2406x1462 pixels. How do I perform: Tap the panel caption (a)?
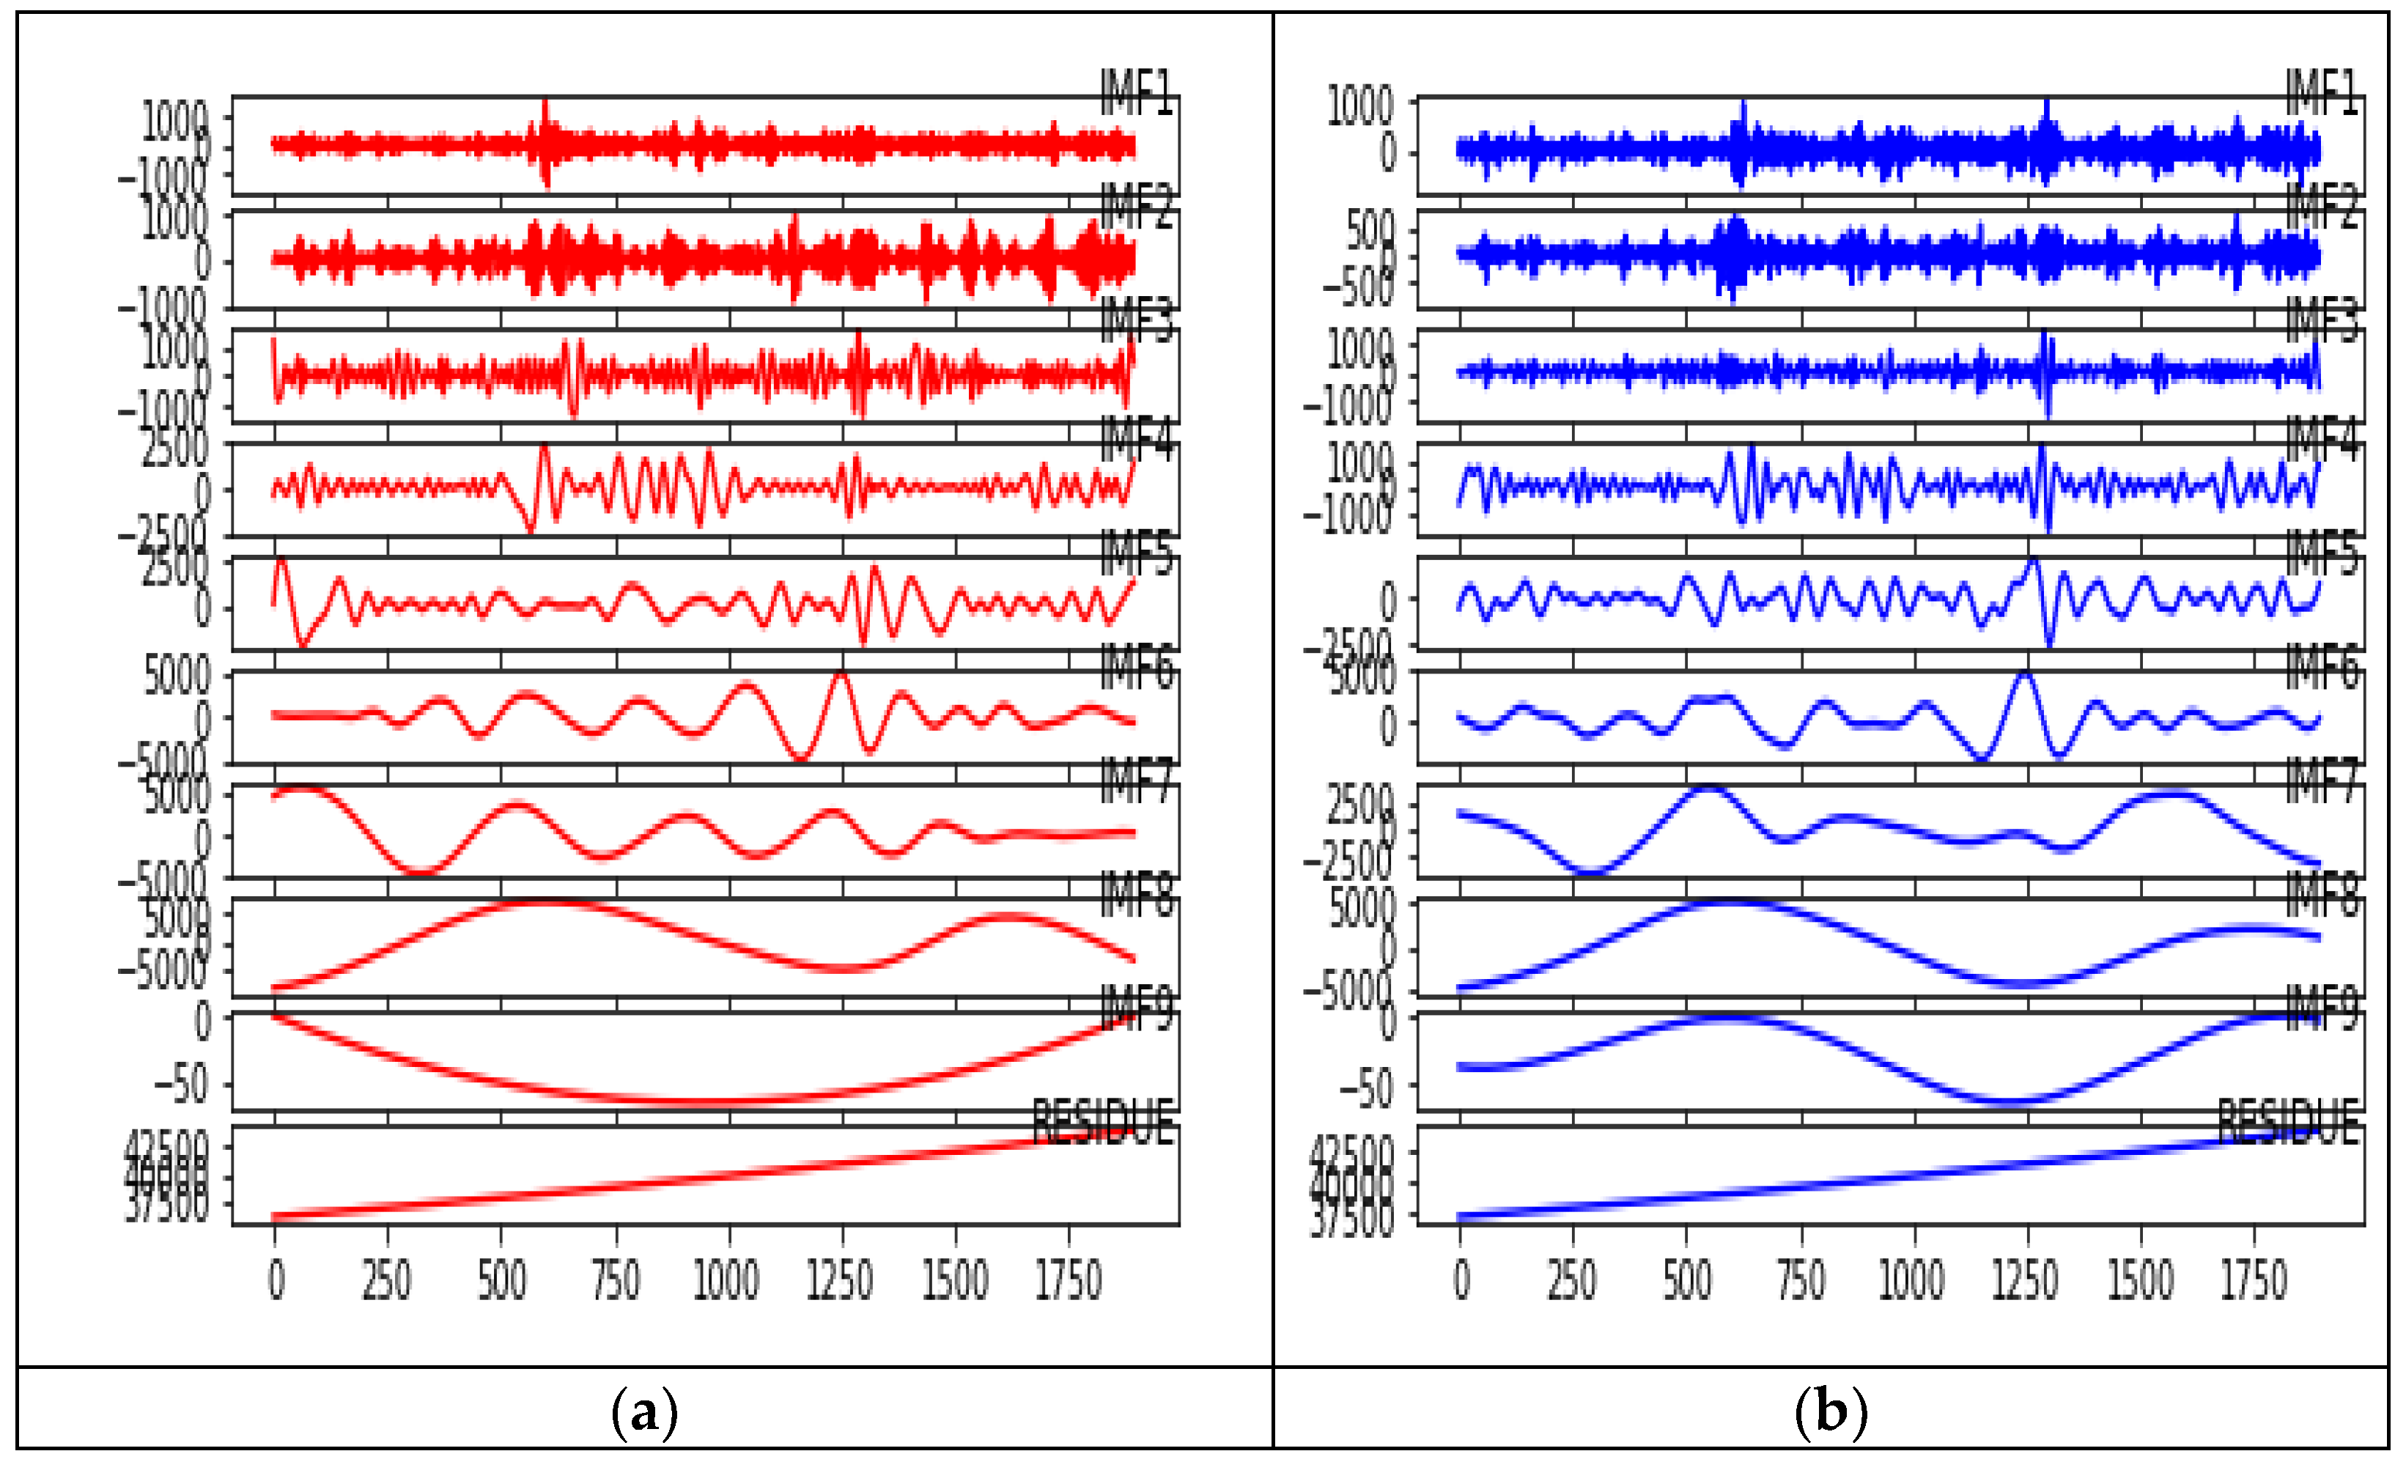point(643,1411)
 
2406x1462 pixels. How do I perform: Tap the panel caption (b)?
point(1830,1411)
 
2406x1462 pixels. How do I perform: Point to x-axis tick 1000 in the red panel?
point(726,1280)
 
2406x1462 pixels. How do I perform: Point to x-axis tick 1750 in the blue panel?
point(2254,1280)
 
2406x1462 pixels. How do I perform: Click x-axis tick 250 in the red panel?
point(387,1280)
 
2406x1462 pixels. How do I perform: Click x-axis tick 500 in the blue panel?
point(1686,1280)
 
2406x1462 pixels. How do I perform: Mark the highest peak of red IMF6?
point(840,675)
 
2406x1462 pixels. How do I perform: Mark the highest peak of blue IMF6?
point(2025,675)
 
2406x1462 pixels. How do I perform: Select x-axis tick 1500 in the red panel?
point(955,1280)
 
